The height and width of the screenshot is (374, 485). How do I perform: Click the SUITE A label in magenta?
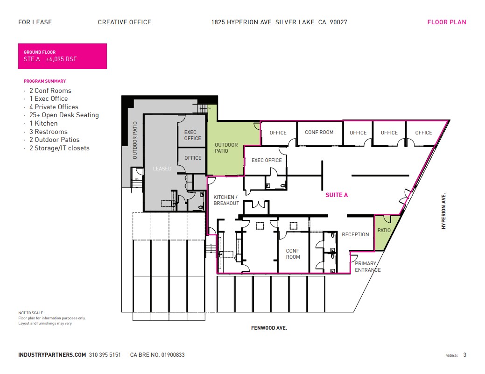pyautogui.click(x=337, y=195)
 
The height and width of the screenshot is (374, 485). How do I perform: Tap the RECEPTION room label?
pyautogui.click(x=355, y=234)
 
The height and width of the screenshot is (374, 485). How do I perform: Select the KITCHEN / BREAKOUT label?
pyautogui.click(x=226, y=200)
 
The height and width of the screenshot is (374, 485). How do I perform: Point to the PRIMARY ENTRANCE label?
pyautogui.click(x=367, y=267)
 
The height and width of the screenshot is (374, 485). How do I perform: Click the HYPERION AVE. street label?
pyautogui.click(x=444, y=211)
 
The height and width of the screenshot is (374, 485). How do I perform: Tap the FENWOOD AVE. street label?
pyautogui.click(x=269, y=328)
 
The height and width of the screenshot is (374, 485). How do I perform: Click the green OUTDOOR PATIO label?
pyautogui.click(x=226, y=148)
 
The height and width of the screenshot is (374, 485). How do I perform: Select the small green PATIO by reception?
pyautogui.click(x=384, y=231)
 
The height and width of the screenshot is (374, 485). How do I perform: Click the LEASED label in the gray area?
pyautogui.click(x=162, y=169)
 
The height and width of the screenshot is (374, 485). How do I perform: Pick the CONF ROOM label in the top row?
pyautogui.click(x=319, y=132)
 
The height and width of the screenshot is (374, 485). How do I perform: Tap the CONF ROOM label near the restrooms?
pyautogui.click(x=293, y=254)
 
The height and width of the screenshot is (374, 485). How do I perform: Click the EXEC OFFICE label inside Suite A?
pyautogui.click(x=267, y=160)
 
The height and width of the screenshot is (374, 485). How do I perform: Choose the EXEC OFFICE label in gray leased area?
pyautogui.click(x=192, y=135)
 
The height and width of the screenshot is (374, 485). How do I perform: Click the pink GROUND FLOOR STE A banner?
pyautogui.click(x=63, y=56)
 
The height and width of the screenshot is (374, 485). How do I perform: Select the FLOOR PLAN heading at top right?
pyautogui.click(x=447, y=22)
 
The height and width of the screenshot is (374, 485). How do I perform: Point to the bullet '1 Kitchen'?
pyautogui.click(x=43, y=123)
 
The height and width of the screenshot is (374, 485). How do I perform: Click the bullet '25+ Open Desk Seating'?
pyautogui.click(x=64, y=115)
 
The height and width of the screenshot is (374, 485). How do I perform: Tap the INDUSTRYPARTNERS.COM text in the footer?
pyautogui.click(x=52, y=355)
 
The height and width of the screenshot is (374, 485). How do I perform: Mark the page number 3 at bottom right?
pyautogui.click(x=464, y=355)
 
